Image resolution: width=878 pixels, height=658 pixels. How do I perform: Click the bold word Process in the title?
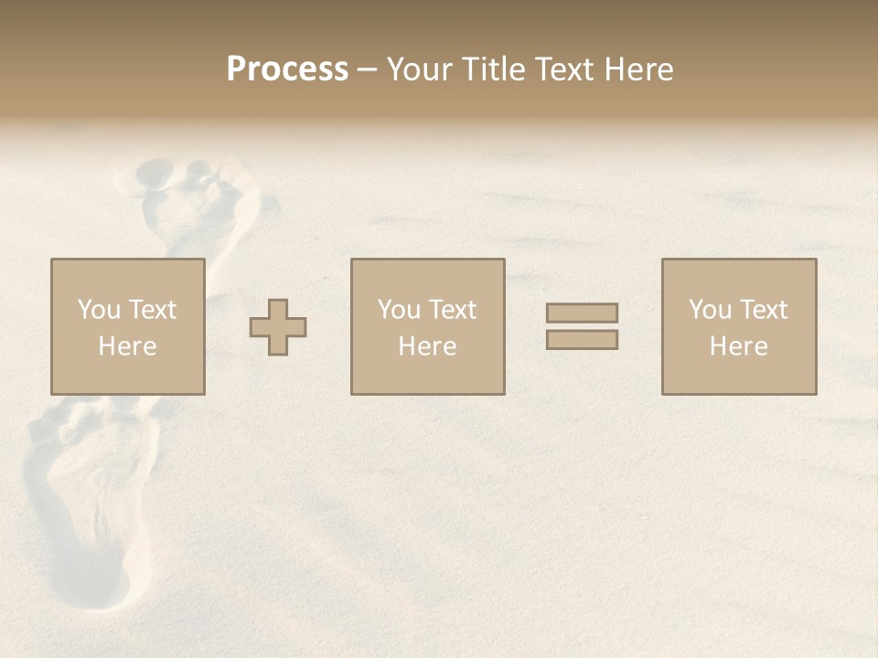pos(287,69)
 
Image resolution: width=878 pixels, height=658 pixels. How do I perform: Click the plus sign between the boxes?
pos(278,327)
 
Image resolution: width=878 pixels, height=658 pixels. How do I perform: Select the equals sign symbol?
pos(582,326)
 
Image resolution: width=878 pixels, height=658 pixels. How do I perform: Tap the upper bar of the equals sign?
pos(582,313)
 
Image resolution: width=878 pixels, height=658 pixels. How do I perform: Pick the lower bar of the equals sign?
pos(582,339)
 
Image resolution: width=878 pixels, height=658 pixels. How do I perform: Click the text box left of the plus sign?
pos(127,326)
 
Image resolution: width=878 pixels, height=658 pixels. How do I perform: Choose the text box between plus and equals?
pos(427,326)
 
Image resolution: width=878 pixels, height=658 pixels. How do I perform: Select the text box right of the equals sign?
pos(738,326)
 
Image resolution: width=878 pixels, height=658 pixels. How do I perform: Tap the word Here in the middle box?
pos(427,346)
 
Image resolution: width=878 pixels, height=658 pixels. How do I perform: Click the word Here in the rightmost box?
pos(738,346)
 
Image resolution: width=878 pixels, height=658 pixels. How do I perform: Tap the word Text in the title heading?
pos(563,69)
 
